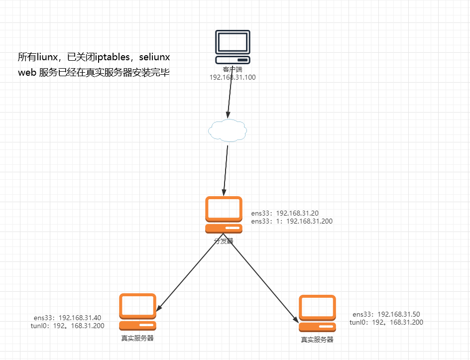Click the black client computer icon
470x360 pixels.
tap(233, 47)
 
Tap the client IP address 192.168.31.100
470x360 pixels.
tap(233, 78)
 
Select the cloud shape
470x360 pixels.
tap(228, 130)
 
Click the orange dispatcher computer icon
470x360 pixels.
tap(224, 214)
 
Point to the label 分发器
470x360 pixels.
tap(224, 240)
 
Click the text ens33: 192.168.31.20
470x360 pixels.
tap(285, 213)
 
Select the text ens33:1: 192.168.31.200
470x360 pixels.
tap(292, 221)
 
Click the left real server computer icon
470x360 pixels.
tap(138, 312)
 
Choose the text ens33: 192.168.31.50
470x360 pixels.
tap(386, 314)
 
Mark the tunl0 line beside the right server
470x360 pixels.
tap(386, 322)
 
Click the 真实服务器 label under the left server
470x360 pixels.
tap(137, 338)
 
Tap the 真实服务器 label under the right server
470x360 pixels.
tap(317, 340)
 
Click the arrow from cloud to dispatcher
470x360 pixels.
tap(226, 169)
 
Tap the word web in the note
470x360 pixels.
tap(27, 72)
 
